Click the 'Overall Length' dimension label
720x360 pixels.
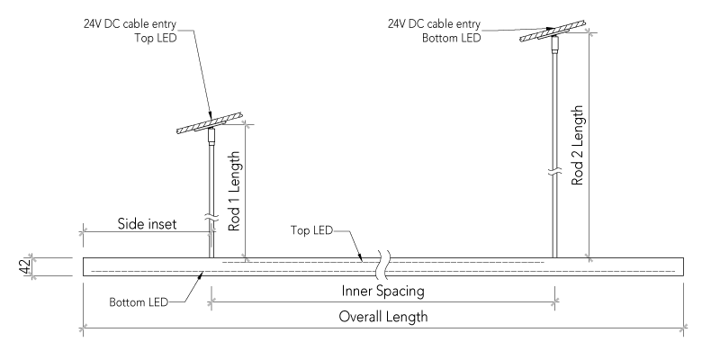pos(383,318)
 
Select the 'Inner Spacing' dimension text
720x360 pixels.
pos(382,292)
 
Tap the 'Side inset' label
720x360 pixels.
pos(148,222)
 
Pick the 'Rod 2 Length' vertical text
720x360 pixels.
pos(577,145)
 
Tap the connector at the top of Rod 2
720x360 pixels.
pos(555,42)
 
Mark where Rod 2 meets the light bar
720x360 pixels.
pos(555,256)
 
